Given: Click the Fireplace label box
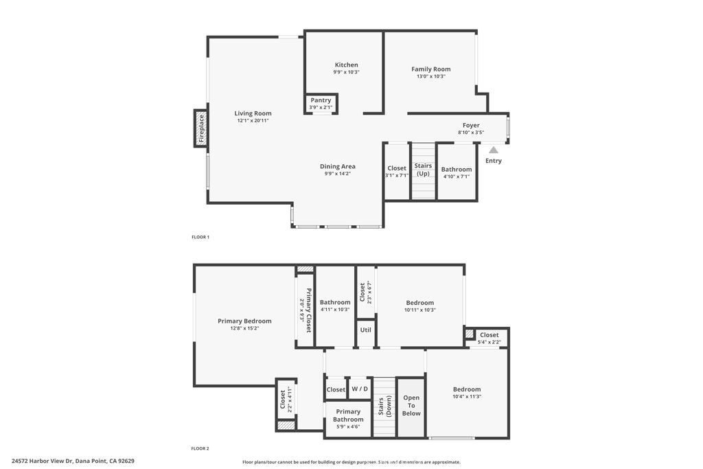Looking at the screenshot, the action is [x=201, y=128].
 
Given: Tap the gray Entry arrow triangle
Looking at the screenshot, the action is [x=493, y=150].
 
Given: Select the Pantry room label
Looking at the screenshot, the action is [x=321, y=100].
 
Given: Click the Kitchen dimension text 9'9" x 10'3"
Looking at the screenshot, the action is [x=346, y=72].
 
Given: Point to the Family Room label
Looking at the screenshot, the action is [x=431, y=69].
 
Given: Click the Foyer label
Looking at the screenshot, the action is [x=471, y=126].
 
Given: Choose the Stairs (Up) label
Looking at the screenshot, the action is [x=423, y=170].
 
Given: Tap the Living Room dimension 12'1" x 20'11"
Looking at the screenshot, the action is [x=253, y=121].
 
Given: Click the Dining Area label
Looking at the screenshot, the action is [x=338, y=166].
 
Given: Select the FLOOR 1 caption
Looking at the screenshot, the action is [x=200, y=237].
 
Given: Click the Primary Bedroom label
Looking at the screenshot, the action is [x=245, y=321].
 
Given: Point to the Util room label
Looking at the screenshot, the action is [x=366, y=330].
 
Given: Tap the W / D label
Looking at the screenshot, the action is [x=360, y=389].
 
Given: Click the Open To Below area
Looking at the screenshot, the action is [x=411, y=405].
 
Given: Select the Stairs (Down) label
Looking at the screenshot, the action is [x=384, y=407].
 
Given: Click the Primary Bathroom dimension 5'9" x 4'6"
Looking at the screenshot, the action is [x=348, y=427].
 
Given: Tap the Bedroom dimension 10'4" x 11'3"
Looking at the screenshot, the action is [x=467, y=397].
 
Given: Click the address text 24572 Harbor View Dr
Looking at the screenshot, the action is [x=42, y=461].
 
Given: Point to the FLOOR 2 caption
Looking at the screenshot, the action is [x=200, y=448].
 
